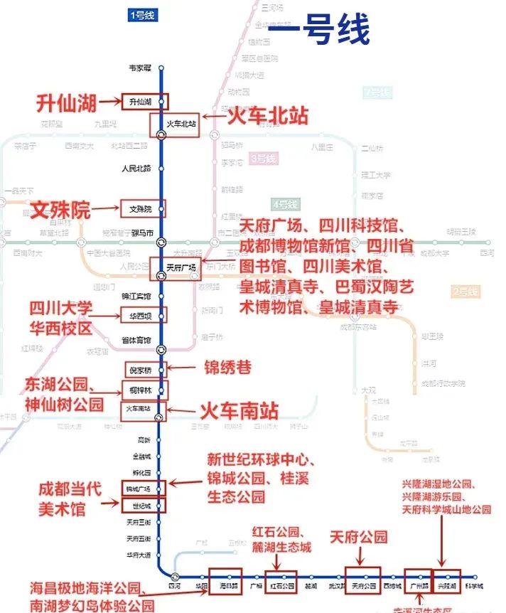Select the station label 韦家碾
coord(139,68)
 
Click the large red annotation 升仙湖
coord(66,103)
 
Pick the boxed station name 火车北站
coord(181,124)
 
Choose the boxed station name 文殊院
coord(141,209)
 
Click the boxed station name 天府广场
coord(181,268)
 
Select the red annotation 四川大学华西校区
coord(60,319)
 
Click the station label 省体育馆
coord(136,341)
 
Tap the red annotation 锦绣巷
coord(227,368)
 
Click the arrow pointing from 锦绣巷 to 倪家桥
coord(184,368)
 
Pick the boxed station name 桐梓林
coord(141,390)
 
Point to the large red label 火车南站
coord(238,410)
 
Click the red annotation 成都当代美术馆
coord(70,499)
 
